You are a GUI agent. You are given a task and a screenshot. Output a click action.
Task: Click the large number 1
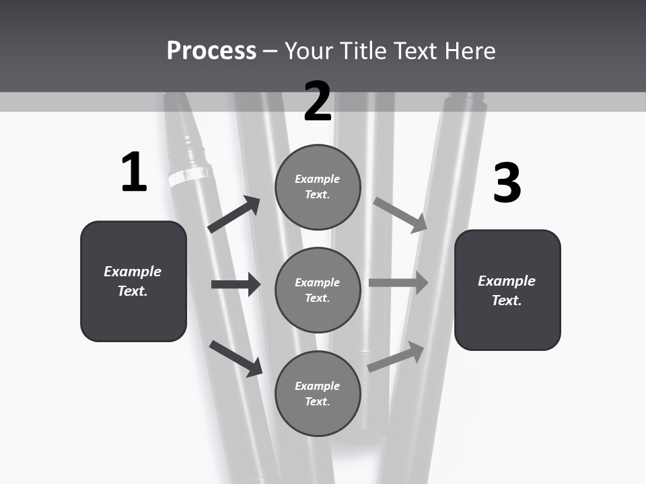click(x=134, y=173)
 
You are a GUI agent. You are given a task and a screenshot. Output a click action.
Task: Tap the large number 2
click(x=318, y=102)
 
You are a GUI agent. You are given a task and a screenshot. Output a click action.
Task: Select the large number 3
click(x=507, y=184)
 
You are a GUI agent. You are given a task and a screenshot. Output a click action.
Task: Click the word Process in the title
click(x=211, y=50)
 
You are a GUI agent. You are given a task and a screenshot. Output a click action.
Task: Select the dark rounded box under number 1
click(x=133, y=281)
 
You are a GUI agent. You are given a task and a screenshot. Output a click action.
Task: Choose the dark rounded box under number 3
click(x=507, y=290)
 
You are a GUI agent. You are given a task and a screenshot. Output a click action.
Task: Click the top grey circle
click(x=318, y=187)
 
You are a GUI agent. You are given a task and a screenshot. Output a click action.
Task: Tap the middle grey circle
click(x=318, y=290)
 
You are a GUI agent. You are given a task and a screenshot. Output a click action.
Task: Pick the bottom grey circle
click(x=318, y=394)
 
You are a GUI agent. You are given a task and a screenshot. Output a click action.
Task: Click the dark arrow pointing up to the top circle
click(x=234, y=214)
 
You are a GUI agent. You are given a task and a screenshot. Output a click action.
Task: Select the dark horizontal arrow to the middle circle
click(x=236, y=284)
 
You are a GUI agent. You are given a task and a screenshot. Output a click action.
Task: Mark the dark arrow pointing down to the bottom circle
click(x=236, y=358)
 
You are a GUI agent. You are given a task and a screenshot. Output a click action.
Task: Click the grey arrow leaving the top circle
click(x=400, y=214)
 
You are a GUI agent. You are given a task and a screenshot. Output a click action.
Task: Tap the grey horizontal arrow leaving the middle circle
click(x=398, y=283)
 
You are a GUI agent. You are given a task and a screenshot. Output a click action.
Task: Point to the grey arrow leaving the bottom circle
click(x=396, y=357)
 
